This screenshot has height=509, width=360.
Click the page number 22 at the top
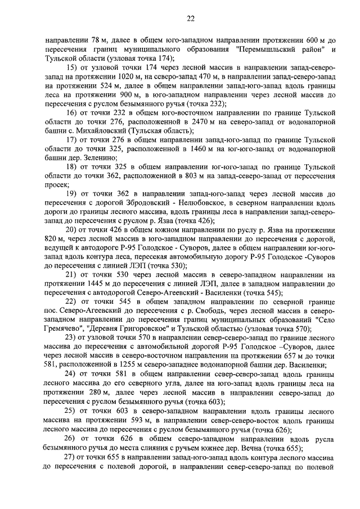point(191,19)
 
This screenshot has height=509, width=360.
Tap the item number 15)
point(72,67)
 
